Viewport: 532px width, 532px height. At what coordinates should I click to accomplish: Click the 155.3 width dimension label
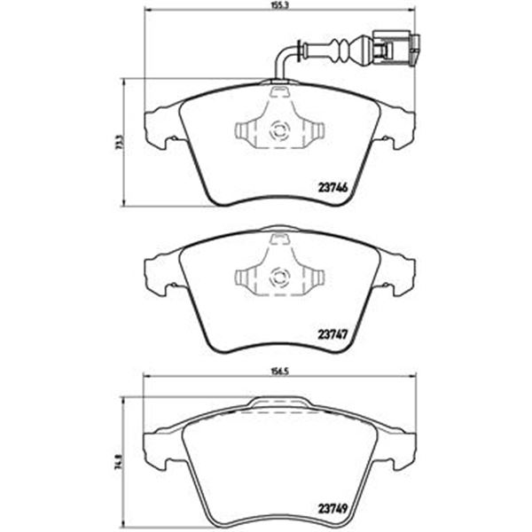[x=280, y=6]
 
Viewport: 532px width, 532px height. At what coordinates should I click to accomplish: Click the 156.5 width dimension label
[x=280, y=372]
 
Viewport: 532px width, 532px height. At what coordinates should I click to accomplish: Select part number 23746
[x=333, y=188]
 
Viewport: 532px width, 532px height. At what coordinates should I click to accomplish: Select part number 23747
[x=332, y=335]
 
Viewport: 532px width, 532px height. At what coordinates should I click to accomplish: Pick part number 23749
[x=332, y=509]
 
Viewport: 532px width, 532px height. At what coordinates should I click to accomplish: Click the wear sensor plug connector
[x=395, y=49]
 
